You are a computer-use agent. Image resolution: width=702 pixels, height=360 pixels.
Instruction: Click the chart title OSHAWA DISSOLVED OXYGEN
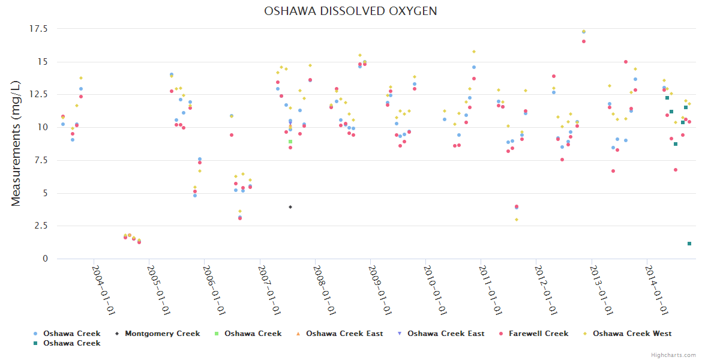click(x=350, y=11)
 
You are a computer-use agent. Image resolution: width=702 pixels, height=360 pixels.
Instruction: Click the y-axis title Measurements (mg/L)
click(x=16, y=144)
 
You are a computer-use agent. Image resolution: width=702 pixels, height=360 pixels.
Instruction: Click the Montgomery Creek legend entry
click(x=162, y=334)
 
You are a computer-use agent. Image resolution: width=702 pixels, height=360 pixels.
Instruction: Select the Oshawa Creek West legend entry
click(x=632, y=334)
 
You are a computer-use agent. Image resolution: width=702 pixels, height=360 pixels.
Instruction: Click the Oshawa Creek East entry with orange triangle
click(x=344, y=334)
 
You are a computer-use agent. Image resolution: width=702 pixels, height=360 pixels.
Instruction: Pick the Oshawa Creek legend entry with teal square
click(x=71, y=343)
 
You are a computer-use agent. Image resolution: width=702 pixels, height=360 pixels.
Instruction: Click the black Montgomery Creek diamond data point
click(x=290, y=207)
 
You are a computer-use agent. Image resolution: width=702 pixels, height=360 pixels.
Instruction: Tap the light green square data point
click(x=290, y=142)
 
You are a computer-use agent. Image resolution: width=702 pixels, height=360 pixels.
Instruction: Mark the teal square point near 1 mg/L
click(x=689, y=244)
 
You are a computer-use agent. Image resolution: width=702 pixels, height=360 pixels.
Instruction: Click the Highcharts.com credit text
click(x=674, y=355)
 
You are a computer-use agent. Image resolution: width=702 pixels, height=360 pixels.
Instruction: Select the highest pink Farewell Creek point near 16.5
click(x=584, y=41)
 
